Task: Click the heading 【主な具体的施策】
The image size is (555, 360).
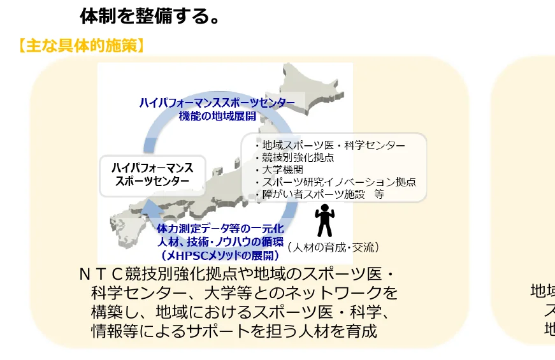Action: (x=80, y=46)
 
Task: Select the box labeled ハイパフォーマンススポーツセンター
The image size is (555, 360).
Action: (x=152, y=175)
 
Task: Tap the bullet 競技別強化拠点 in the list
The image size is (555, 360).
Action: (x=298, y=157)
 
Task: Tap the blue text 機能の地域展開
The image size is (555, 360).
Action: (x=217, y=115)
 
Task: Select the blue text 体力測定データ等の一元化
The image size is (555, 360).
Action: (x=220, y=228)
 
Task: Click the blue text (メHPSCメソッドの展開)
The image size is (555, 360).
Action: (x=220, y=255)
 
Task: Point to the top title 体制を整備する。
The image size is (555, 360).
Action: (x=150, y=15)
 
